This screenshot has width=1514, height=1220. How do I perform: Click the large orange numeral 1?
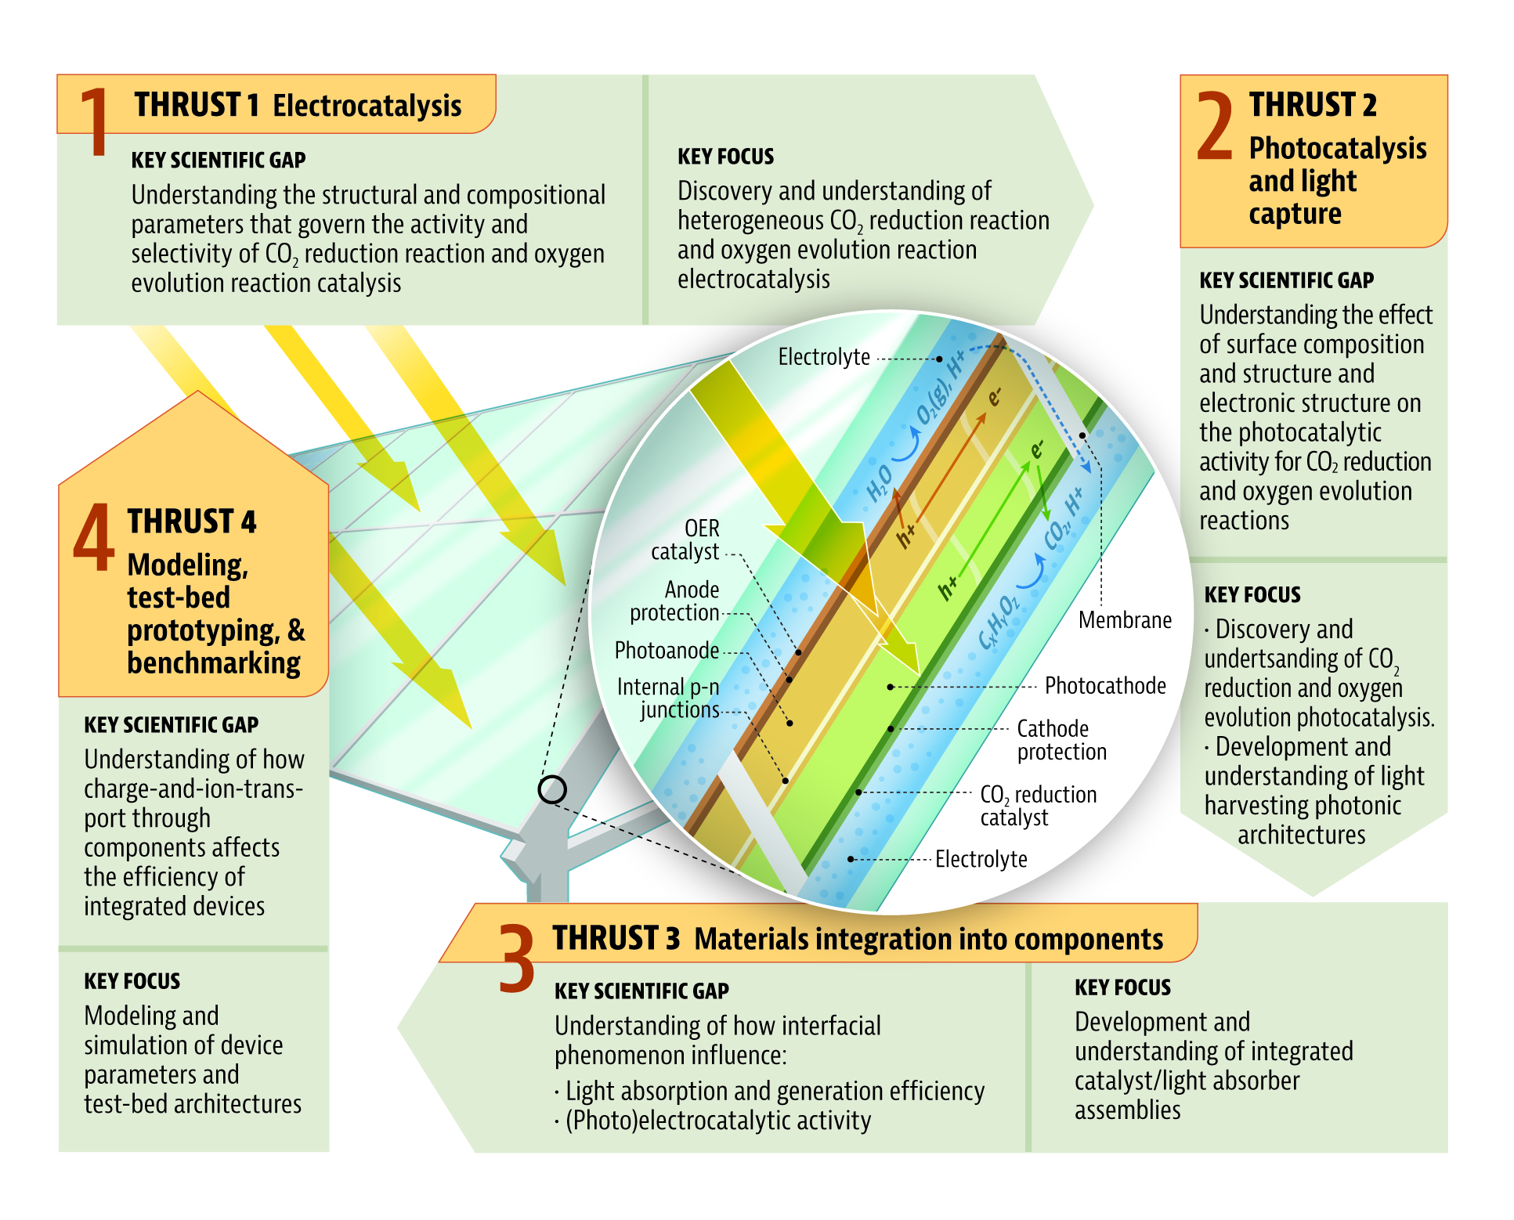point(95,121)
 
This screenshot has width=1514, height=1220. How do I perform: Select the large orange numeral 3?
point(517,958)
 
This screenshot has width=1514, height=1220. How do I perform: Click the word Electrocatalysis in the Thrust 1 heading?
point(367,106)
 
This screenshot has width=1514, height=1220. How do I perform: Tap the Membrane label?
point(1124,620)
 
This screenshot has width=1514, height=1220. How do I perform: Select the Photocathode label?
point(1104,686)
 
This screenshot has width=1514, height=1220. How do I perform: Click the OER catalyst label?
point(685,540)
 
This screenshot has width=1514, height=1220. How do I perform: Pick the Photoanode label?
point(667,651)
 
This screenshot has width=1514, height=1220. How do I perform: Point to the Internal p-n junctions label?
point(669,698)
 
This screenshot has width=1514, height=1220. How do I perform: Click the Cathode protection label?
point(1061,740)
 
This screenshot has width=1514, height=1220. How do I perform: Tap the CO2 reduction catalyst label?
point(1037,806)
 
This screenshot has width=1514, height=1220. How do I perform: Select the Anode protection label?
point(675,601)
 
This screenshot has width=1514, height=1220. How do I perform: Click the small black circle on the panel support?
point(552,789)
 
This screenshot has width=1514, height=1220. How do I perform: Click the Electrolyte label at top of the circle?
point(823,358)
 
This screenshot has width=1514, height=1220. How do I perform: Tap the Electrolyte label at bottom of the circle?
point(981,860)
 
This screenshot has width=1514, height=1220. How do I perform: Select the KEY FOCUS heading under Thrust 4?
point(132,981)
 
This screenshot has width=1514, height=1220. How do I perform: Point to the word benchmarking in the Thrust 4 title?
point(213,663)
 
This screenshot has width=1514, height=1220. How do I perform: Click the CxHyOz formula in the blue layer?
point(999,623)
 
